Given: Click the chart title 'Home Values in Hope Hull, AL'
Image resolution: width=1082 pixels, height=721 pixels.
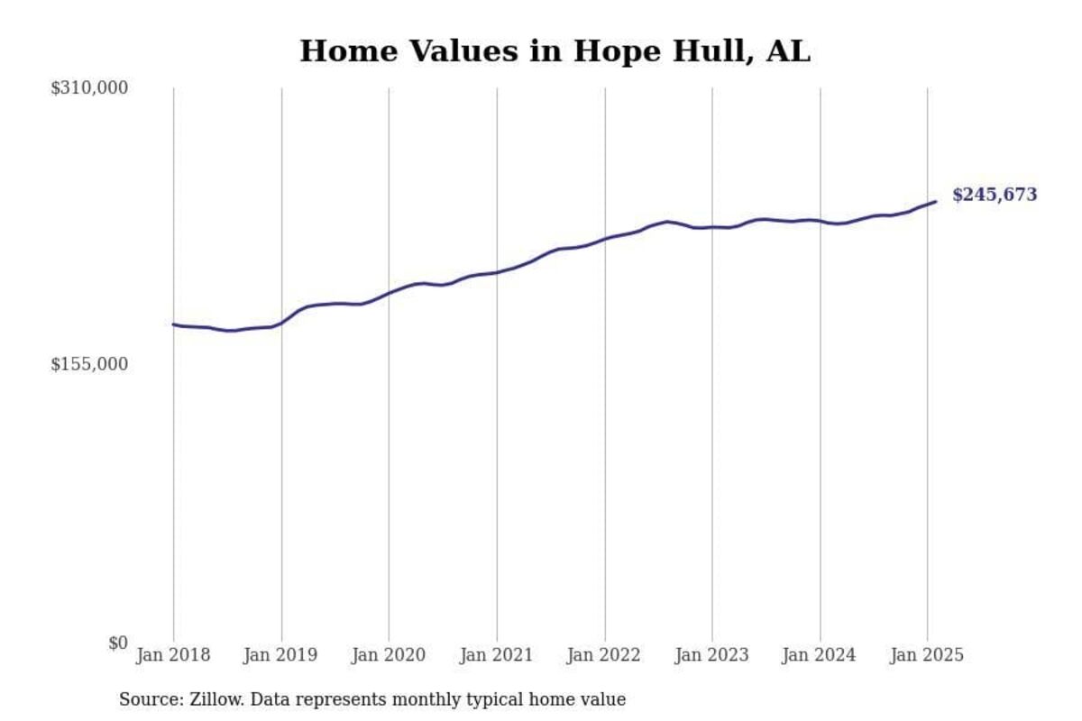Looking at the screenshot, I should point(555,51).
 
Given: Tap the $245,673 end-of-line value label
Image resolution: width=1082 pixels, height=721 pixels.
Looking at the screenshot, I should point(995,195).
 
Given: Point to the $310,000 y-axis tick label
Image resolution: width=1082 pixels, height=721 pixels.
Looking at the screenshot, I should point(89,88).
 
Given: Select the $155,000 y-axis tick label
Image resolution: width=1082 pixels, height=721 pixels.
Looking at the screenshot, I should point(89,364).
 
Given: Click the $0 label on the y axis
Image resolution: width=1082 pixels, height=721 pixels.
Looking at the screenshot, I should point(118,643).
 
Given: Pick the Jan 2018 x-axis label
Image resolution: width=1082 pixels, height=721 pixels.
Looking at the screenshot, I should point(173,655).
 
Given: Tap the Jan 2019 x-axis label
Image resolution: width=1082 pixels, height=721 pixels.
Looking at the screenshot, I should point(281,655).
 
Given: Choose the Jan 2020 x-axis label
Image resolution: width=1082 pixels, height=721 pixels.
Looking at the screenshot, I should point(389,655).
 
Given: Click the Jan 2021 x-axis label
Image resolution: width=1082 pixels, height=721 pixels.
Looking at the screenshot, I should point(497,655).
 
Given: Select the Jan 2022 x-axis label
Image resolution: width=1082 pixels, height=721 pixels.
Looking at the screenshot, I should point(604,655).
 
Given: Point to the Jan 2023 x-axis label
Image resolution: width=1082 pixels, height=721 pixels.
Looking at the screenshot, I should point(712,655).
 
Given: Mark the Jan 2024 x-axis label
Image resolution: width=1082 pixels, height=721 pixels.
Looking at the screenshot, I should point(820,655).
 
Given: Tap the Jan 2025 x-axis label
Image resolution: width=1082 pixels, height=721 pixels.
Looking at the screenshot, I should point(927,655).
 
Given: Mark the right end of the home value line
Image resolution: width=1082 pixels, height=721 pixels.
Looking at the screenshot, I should point(935,202).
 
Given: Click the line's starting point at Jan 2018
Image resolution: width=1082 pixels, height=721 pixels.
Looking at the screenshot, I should point(174,324).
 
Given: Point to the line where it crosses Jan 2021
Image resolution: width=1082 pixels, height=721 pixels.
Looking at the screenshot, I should point(497,272).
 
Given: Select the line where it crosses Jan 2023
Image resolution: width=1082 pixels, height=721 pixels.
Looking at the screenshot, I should point(712,227).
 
